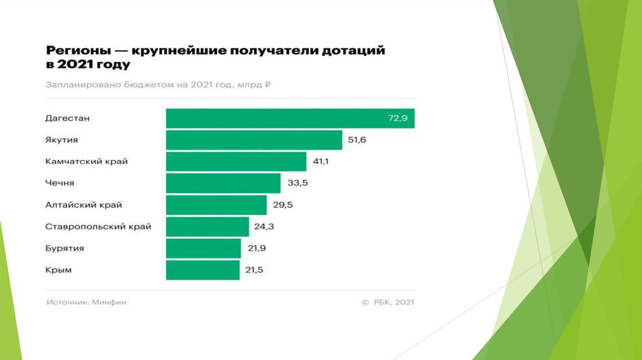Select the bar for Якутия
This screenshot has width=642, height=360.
(254, 140)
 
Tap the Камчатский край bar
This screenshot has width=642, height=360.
(236, 162)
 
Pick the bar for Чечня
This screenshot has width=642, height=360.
(223, 183)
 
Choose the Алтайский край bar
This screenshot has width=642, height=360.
(216, 205)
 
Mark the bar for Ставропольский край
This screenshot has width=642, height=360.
(207, 226)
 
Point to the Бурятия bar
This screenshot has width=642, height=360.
(203, 248)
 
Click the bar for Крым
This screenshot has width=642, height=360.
(203, 270)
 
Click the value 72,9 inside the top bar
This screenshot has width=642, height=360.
(397, 119)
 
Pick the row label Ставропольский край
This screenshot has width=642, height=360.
(98, 226)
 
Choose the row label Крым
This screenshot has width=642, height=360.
(58, 270)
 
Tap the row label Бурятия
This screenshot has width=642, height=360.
(64, 248)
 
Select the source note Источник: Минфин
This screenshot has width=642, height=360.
(87, 302)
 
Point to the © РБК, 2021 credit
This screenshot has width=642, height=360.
(387, 302)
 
